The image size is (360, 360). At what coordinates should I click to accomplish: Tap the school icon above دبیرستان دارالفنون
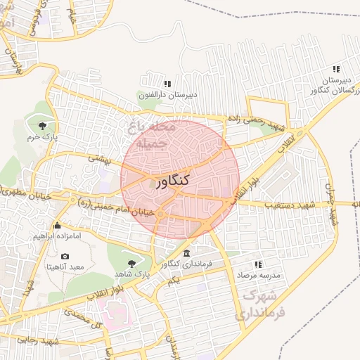[167, 84]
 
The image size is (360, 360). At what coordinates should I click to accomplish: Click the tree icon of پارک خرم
[44, 127]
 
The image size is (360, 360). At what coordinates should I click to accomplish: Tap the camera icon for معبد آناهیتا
[65, 256]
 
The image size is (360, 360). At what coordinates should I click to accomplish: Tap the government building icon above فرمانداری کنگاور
[186, 253]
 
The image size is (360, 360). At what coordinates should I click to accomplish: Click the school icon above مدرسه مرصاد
[258, 264]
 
